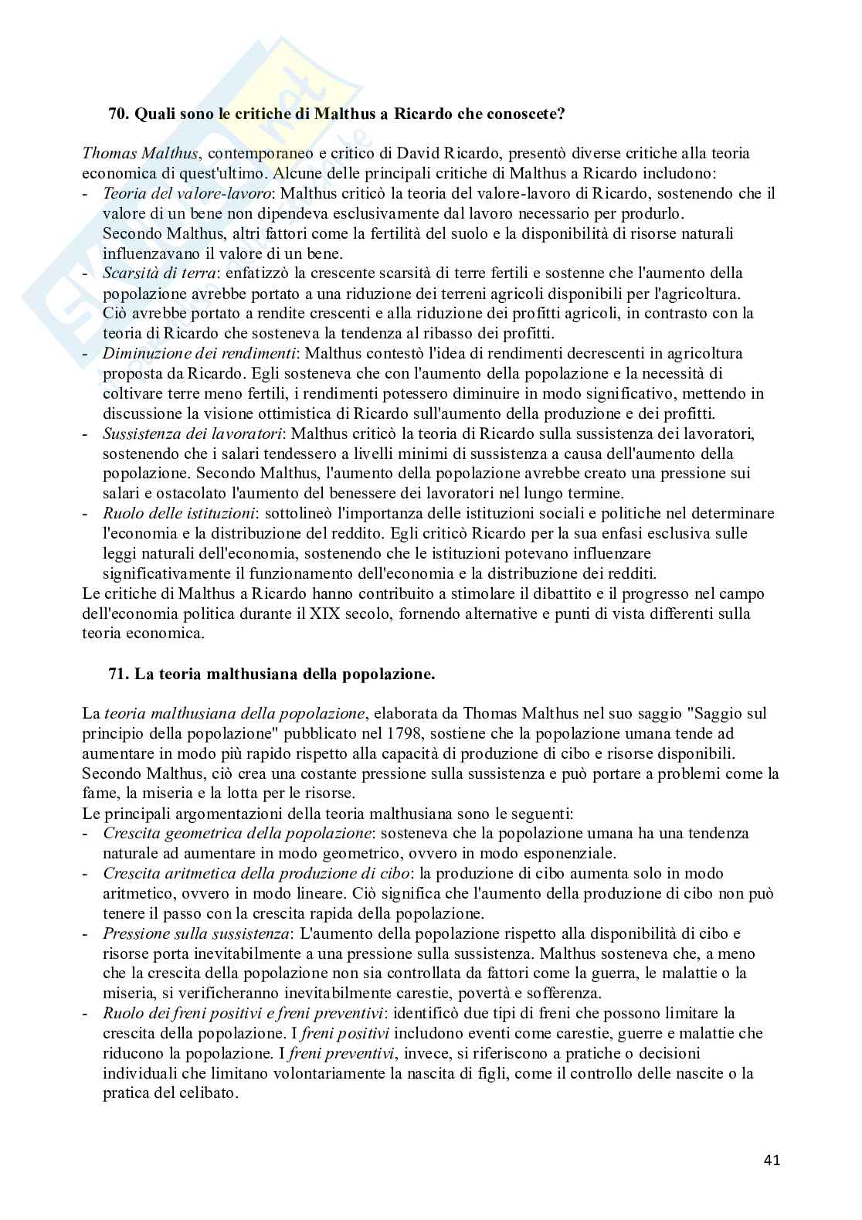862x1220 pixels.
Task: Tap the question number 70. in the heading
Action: (x=119, y=114)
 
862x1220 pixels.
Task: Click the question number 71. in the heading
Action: (x=119, y=674)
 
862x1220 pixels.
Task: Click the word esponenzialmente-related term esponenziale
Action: (x=568, y=854)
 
